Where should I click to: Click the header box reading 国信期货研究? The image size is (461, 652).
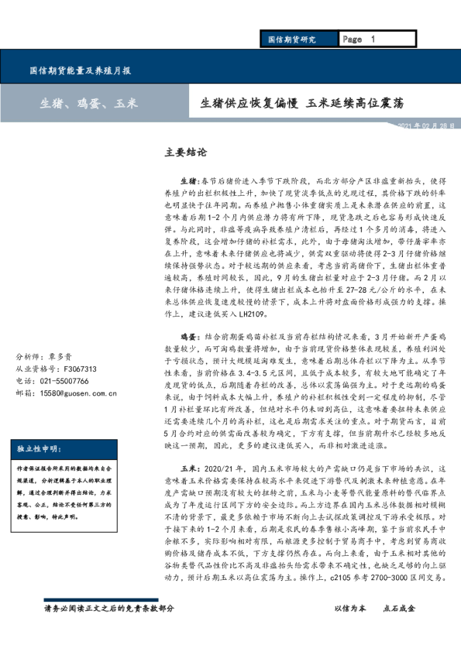[x=291, y=39]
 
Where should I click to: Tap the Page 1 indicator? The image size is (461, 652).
[x=358, y=39]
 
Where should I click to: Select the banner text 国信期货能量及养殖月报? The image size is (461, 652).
[x=80, y=70]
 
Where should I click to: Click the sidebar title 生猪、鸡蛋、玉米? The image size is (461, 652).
[x=89, y=103]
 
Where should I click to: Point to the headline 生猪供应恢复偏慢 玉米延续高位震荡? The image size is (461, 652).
[x=301, y=103]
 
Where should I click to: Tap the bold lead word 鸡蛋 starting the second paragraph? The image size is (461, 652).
[x=190, y=338]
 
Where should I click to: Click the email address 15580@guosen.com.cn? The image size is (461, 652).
[x=77, y=393]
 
